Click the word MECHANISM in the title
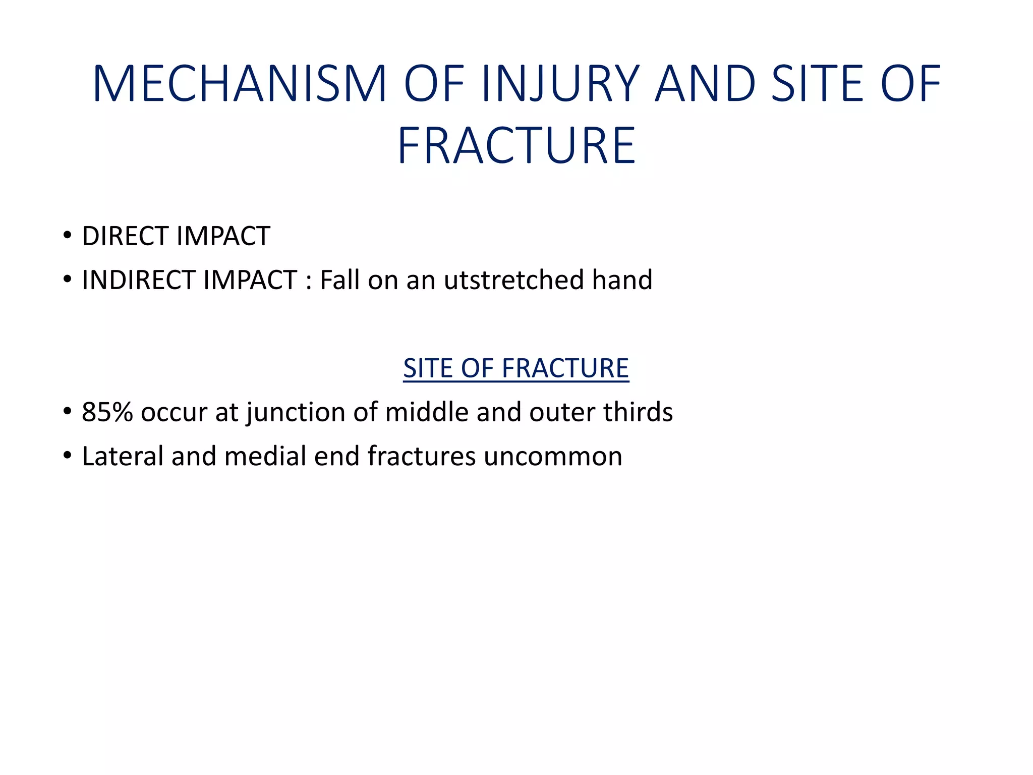point(239,84)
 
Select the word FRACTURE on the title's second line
point(516,146)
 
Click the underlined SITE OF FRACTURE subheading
point(516,368)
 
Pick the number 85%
point(107,412)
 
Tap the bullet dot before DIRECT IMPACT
point(67,235)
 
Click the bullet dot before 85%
point(67,411)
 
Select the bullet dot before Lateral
point(67,455)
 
